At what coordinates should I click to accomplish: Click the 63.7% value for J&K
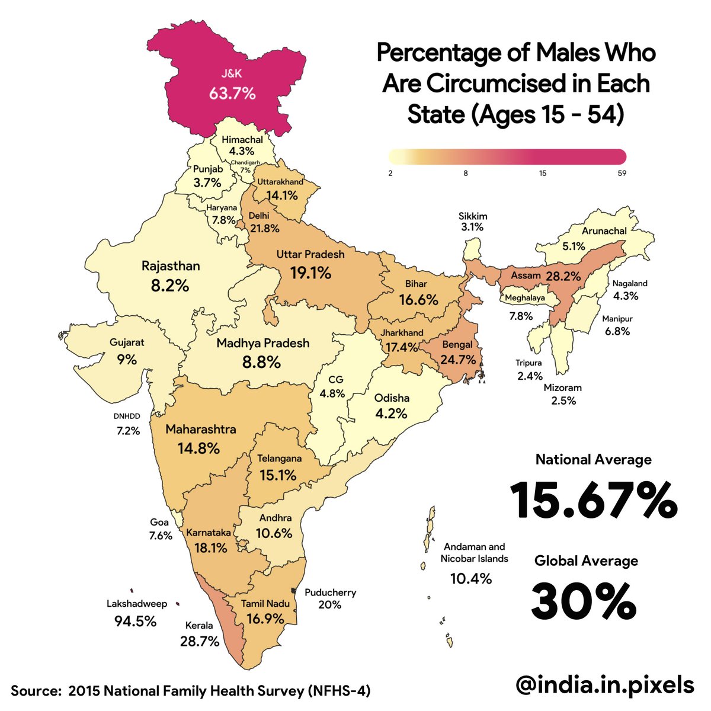pos(232,93)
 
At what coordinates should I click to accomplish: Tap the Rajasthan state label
pos(171,266)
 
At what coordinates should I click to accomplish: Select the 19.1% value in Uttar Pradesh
pos(310,273)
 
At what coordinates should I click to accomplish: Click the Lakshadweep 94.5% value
pos(135,621)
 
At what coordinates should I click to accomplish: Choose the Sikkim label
pos(472,216)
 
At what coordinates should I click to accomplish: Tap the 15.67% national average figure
pos(593,501)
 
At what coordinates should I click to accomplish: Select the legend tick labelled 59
pos(621,174)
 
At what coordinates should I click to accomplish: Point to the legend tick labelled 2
pos(391,174)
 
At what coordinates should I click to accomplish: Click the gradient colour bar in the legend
pos(507,156)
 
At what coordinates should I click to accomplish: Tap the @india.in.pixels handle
pos(604,685)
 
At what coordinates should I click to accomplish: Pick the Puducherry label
pos(330,592)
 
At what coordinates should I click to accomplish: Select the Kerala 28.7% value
pos(199,641)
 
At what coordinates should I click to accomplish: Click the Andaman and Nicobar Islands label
pos(473,553)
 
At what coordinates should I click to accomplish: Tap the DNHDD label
pos(127,417)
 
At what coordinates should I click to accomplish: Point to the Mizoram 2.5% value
pos(563,401)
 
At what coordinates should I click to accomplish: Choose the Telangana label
pos(279,458)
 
